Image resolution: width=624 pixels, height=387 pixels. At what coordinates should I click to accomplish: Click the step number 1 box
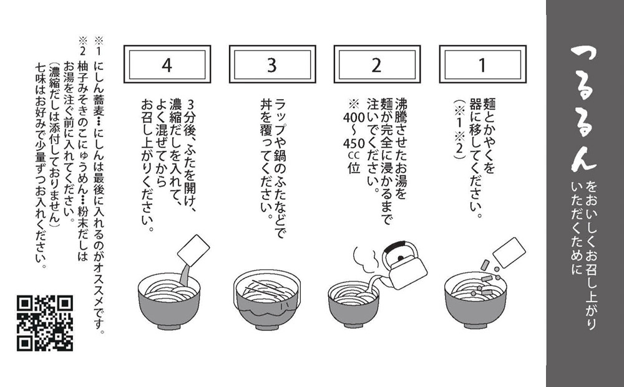click(x=480, y=65)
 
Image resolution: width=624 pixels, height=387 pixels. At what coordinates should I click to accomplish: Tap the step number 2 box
click(x=376, y=65)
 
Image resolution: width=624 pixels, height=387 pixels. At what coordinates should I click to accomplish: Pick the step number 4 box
click(x=166, y=65)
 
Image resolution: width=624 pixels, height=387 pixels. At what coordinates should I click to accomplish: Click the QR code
click(x=44, y=323)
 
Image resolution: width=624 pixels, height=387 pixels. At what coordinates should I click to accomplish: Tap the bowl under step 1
click(x=475, y=299)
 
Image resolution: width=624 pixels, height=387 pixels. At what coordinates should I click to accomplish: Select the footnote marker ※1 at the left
click(x=98, y=44)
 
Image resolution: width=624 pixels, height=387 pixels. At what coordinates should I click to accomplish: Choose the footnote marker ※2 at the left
click(x=82, y=44)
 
